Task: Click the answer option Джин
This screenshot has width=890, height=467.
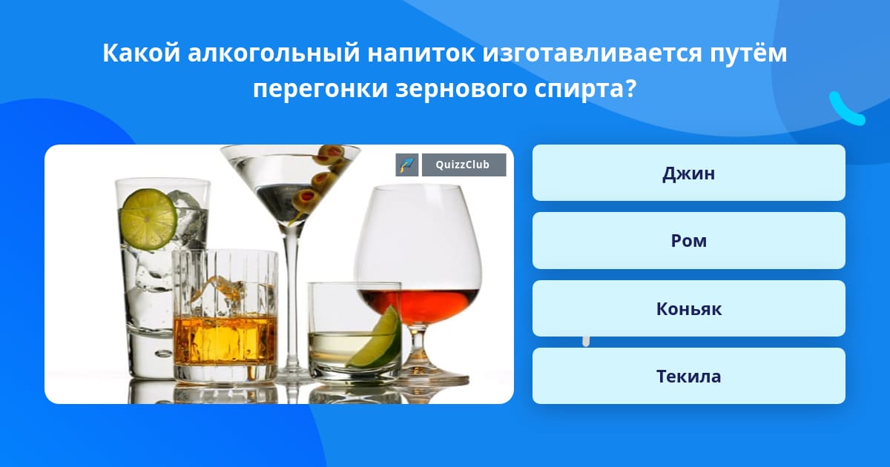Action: [688, 173]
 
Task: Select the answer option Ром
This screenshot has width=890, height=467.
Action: [688, 241]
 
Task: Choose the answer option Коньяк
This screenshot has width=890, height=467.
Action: [688, 308]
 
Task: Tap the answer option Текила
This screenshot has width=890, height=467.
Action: [688, 376]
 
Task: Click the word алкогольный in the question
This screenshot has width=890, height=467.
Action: [274, 53]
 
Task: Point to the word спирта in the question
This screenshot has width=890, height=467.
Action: [584, 89]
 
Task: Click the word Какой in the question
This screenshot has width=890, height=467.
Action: [142, 52]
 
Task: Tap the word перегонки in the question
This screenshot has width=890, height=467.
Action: [320, 89]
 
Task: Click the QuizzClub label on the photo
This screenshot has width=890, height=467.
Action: [464, 165]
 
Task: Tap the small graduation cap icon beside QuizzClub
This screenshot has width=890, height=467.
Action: [407, 165]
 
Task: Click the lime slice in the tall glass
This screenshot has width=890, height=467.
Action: [149, 219]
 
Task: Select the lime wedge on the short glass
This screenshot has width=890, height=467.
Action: [376, 338]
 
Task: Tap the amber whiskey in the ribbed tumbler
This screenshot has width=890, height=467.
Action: [225, 340]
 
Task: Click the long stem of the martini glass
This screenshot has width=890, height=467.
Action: [292, 298]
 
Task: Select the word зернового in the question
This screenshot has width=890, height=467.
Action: [461, 89]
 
